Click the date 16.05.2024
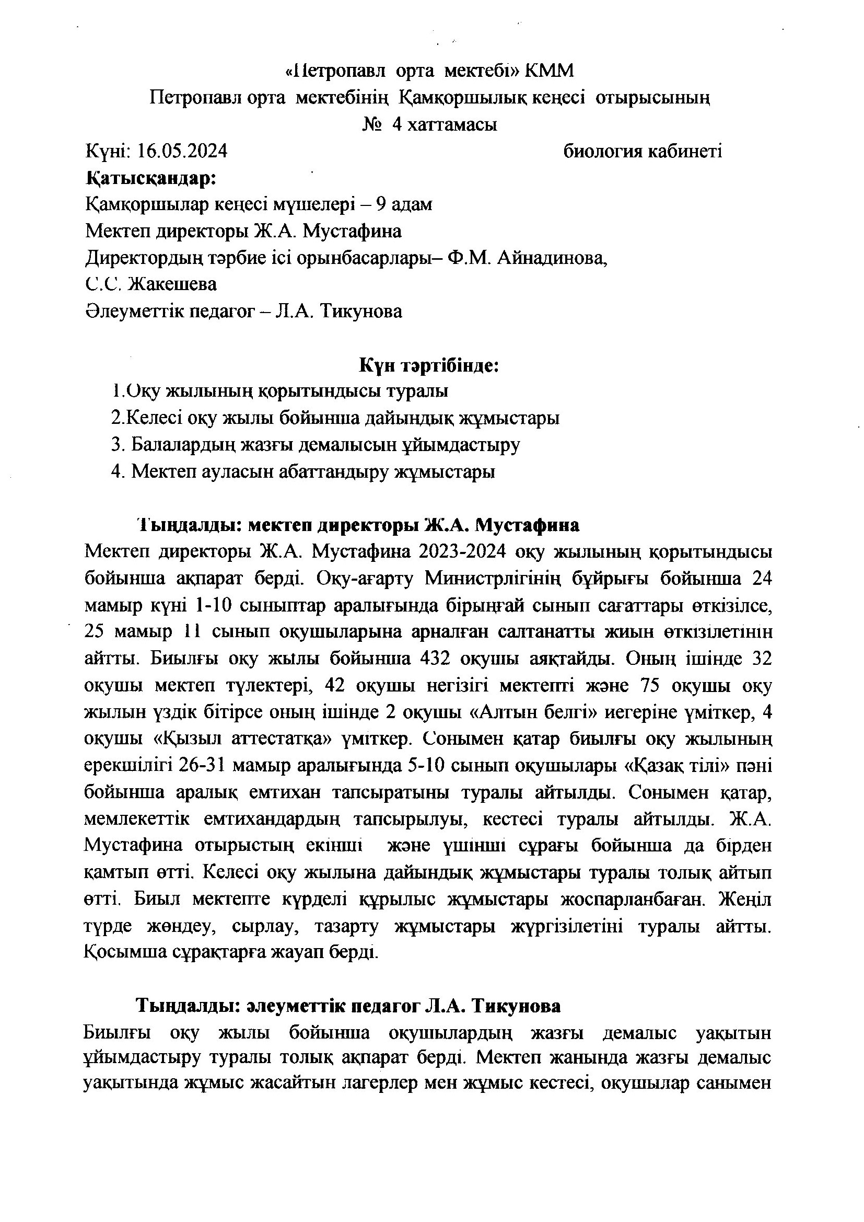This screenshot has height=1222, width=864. pos(182,152)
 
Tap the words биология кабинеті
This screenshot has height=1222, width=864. pos(643,152)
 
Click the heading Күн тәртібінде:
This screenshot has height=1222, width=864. pos(429,366)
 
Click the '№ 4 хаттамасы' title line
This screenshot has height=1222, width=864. pos(430,125)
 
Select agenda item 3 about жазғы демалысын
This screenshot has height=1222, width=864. pos(316,445)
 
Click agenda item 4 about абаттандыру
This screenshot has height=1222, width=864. pos(303,471)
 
